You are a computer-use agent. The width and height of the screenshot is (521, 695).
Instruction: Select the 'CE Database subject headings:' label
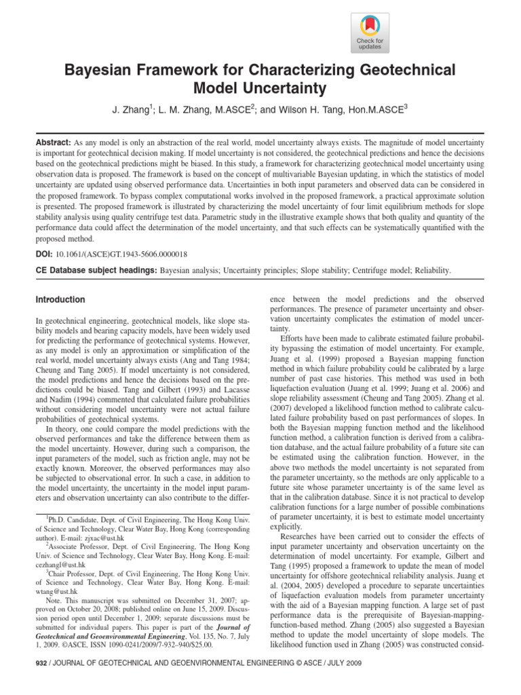click(96, 270)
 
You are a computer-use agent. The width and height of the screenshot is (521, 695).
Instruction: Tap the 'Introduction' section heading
click(60, 300)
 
